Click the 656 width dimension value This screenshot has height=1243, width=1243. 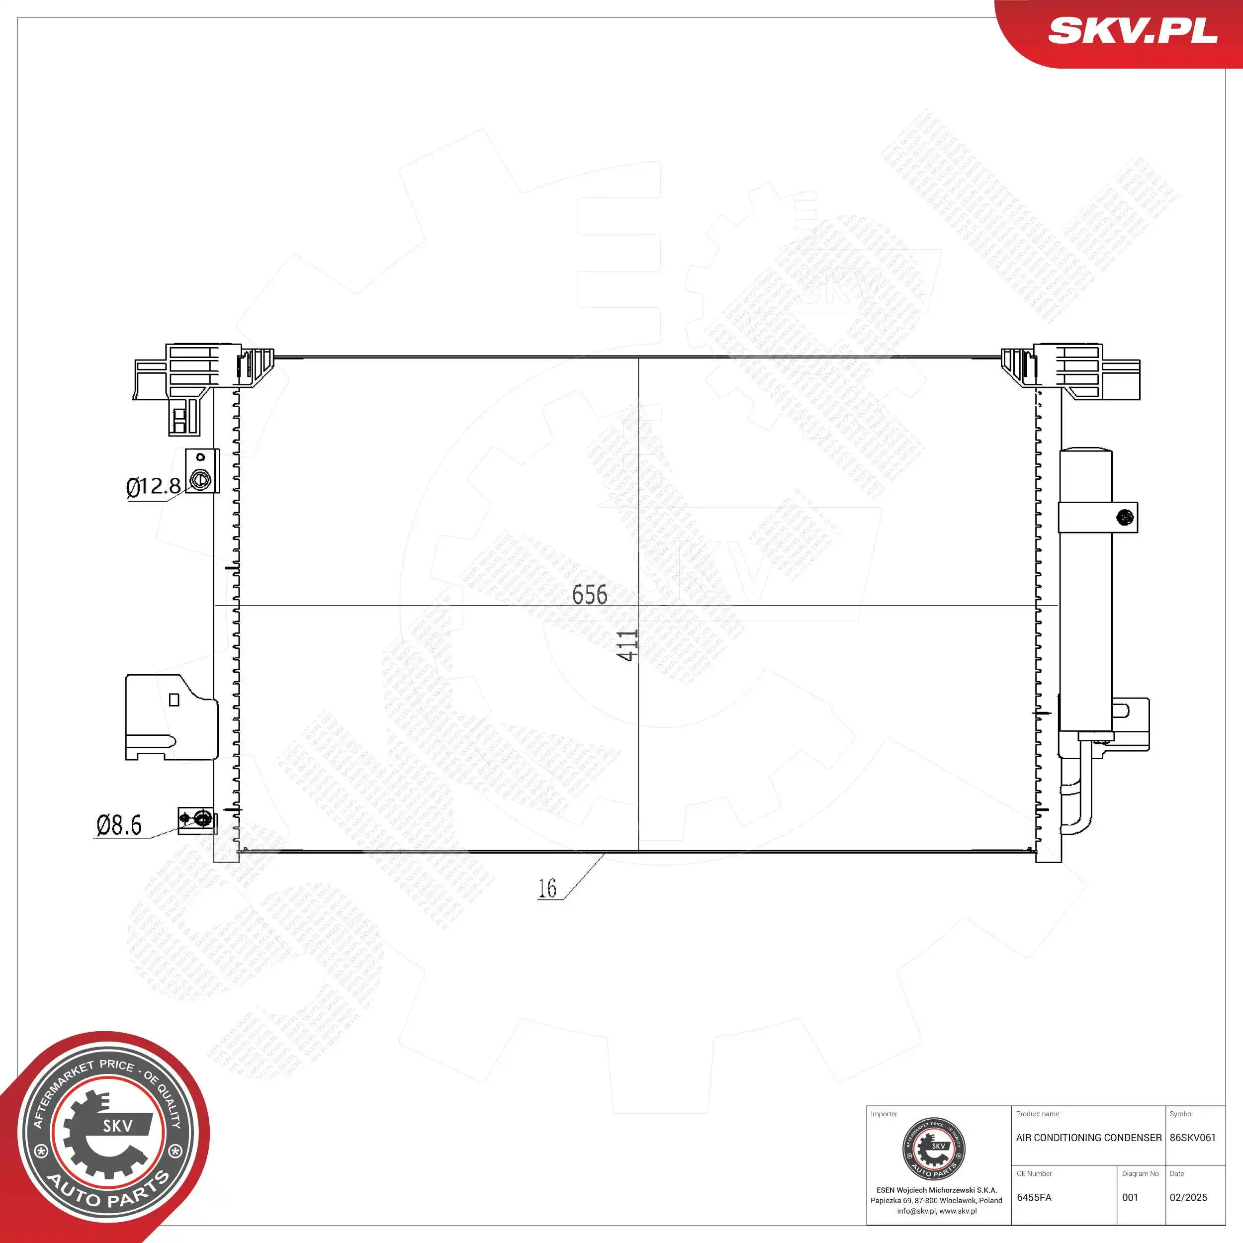coord(589,595)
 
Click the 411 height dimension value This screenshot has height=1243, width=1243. coord(627,645)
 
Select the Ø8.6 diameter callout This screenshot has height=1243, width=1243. coord(119,825)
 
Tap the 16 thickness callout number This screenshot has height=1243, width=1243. coord(547,888)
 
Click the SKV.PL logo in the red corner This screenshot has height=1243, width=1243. coord(1132,31)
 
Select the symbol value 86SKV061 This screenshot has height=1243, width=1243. coord(1193,1138)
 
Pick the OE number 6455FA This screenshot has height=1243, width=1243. coord(1034,1197)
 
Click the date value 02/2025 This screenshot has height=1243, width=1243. coord(1188,1197)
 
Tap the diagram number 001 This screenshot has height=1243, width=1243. coord(1130,1197)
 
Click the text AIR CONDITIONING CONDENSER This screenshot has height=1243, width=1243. coord(1088,1138)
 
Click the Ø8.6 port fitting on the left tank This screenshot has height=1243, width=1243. coord(203,819)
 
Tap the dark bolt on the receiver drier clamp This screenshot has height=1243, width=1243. coord(1125,517)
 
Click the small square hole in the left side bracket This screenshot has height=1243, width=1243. coord(174,700)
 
